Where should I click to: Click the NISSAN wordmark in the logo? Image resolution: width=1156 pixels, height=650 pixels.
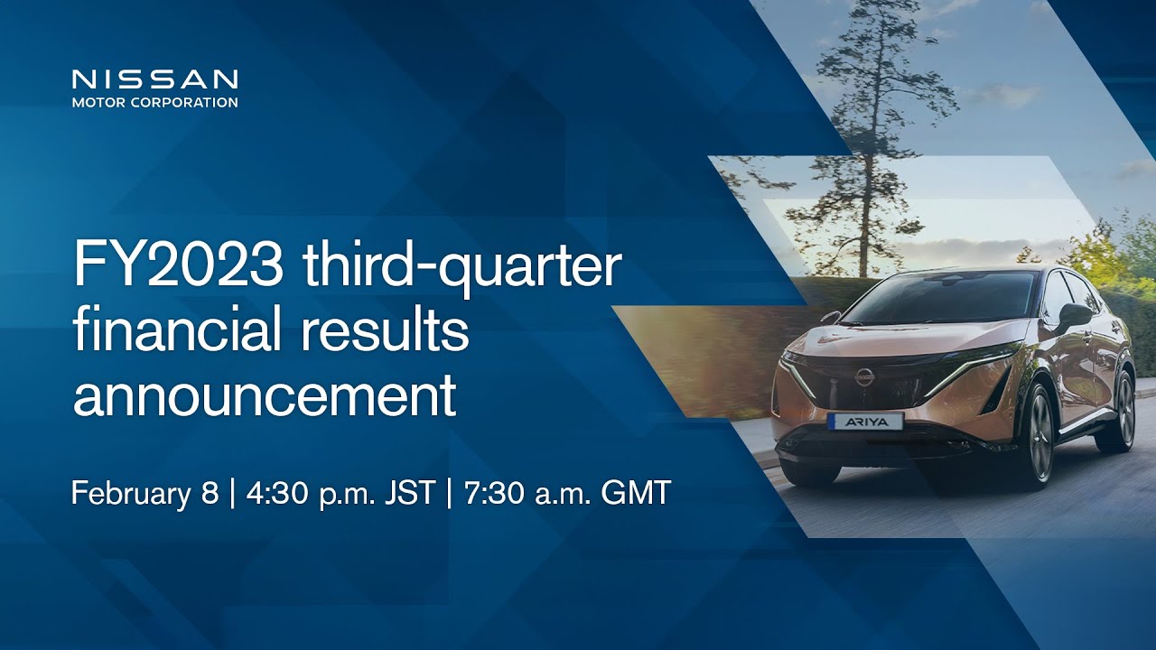[154, 79]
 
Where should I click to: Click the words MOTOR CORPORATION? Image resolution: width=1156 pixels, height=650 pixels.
[154, 102]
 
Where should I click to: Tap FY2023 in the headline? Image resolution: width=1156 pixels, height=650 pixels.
[179, 265]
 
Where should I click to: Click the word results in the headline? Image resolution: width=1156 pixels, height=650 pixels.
[385, 330]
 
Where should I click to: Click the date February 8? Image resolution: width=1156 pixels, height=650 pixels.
[145, 494]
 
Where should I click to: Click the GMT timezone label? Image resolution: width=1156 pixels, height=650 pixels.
[635, 493]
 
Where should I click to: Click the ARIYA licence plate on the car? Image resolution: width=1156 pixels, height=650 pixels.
[865, 422]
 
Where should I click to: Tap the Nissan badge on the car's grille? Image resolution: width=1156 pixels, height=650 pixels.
[863, 376]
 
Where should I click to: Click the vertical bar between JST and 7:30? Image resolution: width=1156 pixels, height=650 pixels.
[449, 494]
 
